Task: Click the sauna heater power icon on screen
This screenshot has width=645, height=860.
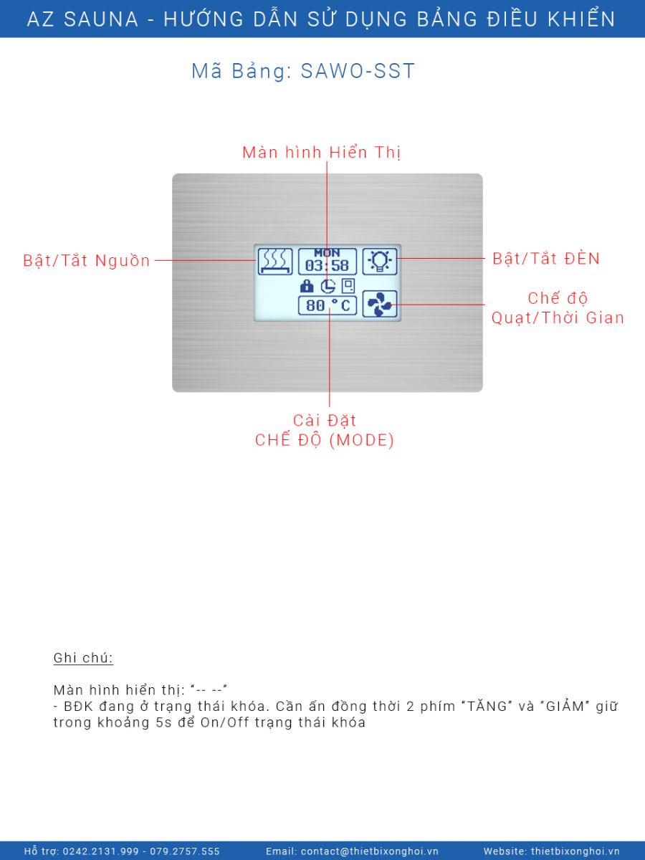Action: [275, 262]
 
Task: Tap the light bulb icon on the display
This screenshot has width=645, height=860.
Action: [380, 262]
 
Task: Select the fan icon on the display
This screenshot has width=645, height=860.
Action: [380, 304]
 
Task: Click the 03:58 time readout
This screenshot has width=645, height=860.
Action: [327, 266]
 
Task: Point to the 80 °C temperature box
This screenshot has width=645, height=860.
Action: [328, 305]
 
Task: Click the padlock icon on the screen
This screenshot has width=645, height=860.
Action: [307, 286]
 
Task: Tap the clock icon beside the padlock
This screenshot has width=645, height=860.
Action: [328, 287]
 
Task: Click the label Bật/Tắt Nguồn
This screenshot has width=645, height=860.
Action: [87, 261]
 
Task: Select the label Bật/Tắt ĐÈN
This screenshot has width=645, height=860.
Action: [546, 259]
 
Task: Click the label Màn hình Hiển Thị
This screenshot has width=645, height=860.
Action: [322, 153]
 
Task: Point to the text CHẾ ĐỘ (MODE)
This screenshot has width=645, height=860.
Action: [325, 440]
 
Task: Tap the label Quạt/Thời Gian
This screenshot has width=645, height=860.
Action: [558, 317]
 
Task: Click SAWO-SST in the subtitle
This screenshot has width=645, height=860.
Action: [358, 71]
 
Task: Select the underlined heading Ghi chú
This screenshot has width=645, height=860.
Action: [83, 658]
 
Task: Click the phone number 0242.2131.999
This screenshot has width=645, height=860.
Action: [100, 851]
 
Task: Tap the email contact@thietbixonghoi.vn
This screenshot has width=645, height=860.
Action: [370, 851]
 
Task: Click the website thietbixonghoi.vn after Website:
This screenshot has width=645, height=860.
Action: [575, 851]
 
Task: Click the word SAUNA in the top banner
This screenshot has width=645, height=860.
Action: [101, 19]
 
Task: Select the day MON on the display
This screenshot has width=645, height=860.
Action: [327, 253]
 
